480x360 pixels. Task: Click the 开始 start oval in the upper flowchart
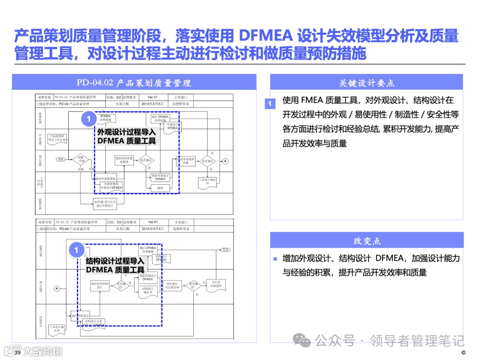[x=61, y=159]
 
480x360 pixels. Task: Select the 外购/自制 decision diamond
[x=80, y=160]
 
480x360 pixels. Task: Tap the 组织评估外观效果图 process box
[x=125, y=160]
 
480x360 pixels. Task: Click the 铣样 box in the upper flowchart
[x=160, y=188]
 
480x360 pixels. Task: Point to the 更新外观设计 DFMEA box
[x=160, y=177]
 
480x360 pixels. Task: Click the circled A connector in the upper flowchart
[x=225, y=161]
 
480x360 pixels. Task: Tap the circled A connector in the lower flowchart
[x=57, y=288]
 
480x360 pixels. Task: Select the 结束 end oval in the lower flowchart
[x=226, y=250]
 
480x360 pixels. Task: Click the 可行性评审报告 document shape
[x=216, y=285]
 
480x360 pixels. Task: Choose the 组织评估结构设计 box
[x=100, y=285]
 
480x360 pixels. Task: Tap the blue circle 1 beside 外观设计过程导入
[x=88, y=119]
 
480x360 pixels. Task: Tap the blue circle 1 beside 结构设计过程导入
[x=76, y=250]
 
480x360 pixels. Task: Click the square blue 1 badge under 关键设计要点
[x=270, y=104]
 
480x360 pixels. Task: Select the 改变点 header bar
[x=367, y=241]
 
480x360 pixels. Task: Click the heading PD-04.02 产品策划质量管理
[x=134, y=83]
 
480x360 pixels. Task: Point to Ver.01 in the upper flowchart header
[x=152, y=97]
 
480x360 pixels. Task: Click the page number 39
[x=18, y=353]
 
